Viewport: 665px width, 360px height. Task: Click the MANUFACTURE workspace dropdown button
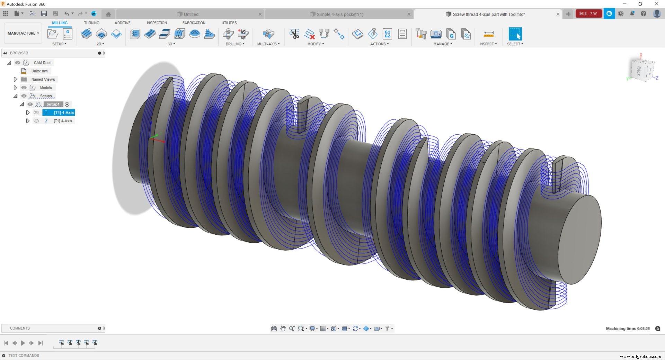pyautogui.click(x=23, y=33)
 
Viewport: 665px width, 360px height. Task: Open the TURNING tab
pyautogui.click(x=91, y=23)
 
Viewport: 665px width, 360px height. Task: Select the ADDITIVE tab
pyautogui.click(x=122, y=23)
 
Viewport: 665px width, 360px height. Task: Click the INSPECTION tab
pyautogui.click(x=157, y=23)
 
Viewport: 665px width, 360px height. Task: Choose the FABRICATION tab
pyautogui.click(x=194, y=23)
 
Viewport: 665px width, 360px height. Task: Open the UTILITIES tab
pyautogui.click(x=229, y=23)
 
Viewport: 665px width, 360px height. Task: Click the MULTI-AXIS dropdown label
pyautogui.click(x=268, y=44)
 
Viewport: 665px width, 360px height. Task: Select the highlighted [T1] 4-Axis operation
pyautogui.click(x=63, y=112)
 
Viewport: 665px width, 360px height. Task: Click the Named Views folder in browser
pyautogui.click(x=43, y=79)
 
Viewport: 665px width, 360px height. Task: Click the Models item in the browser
pyautogui.click(x=46, y=88)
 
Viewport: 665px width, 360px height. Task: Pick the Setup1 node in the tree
pyautogui.click(x=53, y=104)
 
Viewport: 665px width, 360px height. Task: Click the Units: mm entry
pyautogui.click(x=39, y=71)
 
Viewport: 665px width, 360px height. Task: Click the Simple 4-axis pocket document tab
pyautogui.click(x=340, y=14)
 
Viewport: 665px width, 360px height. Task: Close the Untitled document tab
pyautogui.click(x=260, y=14)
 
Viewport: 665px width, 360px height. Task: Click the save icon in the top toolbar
pyautogui.click(x=44, y=13)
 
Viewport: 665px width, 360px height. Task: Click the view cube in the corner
pyautogui.click(x=642, y=70)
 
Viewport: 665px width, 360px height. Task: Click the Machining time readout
pyautogui.click(x=628, y=328)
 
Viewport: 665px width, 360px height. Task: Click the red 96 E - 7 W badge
pyautogui.click(x=588, y=13)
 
